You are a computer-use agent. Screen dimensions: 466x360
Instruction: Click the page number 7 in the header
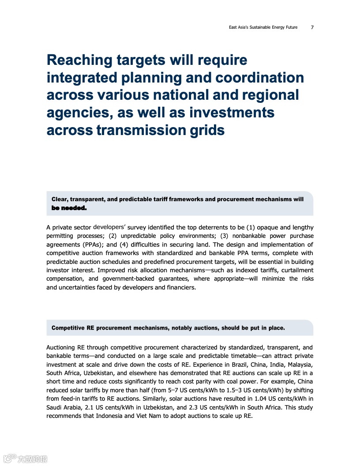(x=312, y=27)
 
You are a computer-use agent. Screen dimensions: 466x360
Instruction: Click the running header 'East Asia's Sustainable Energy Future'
(x=263, y=27)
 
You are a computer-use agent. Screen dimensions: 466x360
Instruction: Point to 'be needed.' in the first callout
(x=69, y=208)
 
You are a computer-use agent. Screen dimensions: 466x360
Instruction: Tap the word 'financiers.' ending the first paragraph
(x=180, y=287)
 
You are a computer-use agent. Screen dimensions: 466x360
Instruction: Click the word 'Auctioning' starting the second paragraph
(x=60, y=347)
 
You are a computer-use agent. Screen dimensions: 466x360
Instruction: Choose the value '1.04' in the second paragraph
(x=252, y=399)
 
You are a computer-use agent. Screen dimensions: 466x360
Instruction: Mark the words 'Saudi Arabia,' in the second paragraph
(x=63, y=407)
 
